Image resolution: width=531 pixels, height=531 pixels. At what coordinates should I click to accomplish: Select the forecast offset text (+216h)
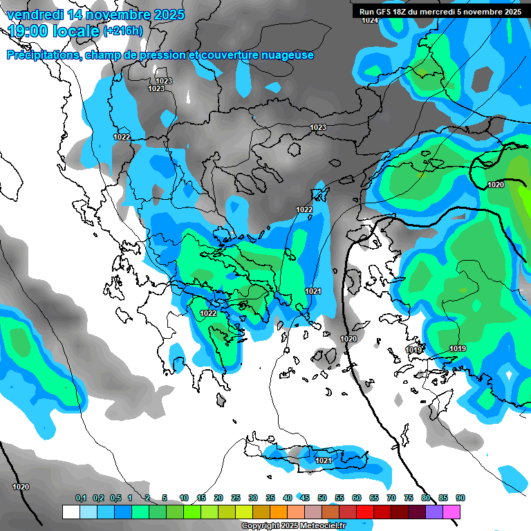(x=123, y=31)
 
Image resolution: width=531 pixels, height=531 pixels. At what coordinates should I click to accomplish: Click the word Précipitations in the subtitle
(x=41, y=55)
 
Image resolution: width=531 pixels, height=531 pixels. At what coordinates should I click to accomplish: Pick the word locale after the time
(x=76, y=31)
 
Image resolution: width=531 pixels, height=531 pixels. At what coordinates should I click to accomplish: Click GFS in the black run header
(x=391, y=12)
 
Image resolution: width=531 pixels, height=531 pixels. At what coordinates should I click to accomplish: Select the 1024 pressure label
(x=370, y=21)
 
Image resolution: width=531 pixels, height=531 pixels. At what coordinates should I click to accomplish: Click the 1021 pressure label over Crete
(x=324, y=460)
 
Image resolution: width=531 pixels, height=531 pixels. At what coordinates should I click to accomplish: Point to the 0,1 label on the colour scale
(x=81, y=498)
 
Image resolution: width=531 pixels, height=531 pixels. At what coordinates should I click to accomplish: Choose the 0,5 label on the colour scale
(x=115, y=498)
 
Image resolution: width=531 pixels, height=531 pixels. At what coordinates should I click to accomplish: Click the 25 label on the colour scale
(x=235, y=498)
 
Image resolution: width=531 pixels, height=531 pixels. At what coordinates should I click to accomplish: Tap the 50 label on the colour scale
(x=322, y=498)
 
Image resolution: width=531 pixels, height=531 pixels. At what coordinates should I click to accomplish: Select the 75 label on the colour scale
(x=408, y=498)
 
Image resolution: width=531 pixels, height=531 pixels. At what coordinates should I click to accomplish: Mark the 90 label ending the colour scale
(x=460, y=498)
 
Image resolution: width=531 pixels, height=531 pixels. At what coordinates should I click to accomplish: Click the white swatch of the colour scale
(x=71, y=512)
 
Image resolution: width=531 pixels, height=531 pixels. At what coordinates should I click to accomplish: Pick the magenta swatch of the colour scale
(x=451, y=512)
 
